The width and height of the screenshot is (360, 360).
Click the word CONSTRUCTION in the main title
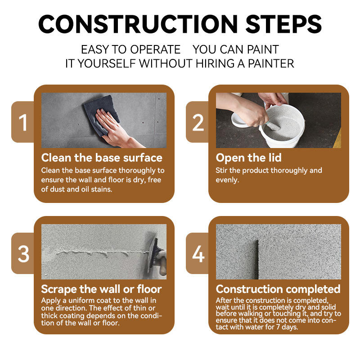point(138,24)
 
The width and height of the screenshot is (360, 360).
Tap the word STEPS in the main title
point(284,24)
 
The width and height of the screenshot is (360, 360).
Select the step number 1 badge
point(23,122)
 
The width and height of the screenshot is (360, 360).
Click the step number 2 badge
point(198,122)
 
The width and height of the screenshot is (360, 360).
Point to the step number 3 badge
point(23,253)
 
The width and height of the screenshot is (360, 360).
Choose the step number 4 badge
point(198,253)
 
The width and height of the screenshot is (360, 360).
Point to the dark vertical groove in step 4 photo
point(256,260)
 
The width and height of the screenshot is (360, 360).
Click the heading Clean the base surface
point(102,158)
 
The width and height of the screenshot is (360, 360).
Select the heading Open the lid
point(249,158)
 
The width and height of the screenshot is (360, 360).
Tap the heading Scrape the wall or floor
point(102,289)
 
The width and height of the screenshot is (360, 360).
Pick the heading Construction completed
point(278,289)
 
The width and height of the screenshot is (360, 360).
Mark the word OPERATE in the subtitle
point(155,49)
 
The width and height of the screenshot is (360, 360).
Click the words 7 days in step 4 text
point(287,327)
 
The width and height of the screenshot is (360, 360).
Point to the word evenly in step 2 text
point(227,180)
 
